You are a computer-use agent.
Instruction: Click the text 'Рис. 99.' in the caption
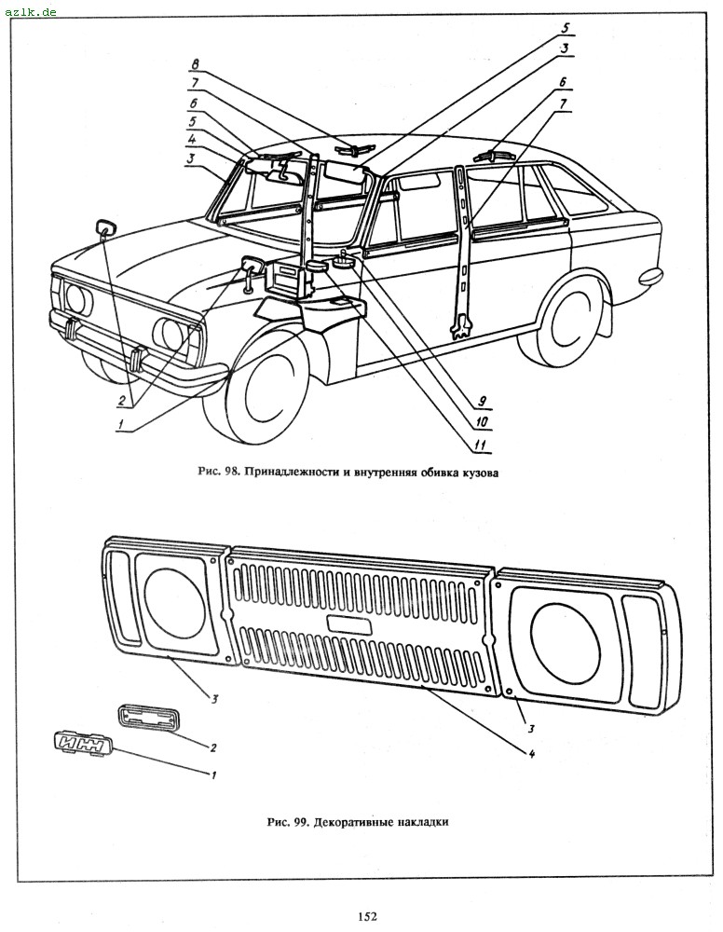[x=289, y=823]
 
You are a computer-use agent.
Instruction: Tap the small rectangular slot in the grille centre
[x=348, y=624]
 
